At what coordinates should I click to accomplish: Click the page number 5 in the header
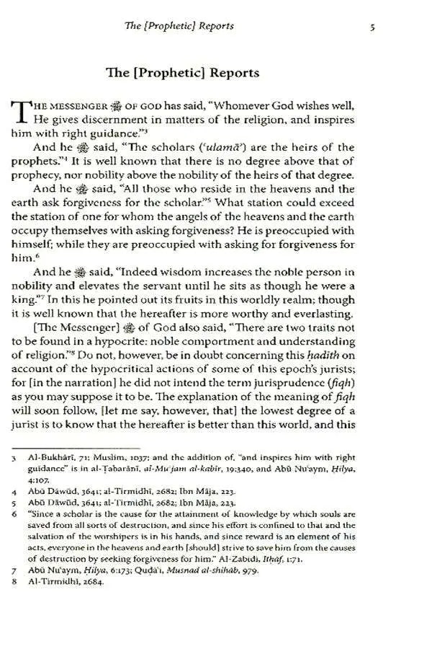pyautogui.click(x=371, y=27)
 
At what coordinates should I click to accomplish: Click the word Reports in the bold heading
pyautogui.click(x=224, y=73)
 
